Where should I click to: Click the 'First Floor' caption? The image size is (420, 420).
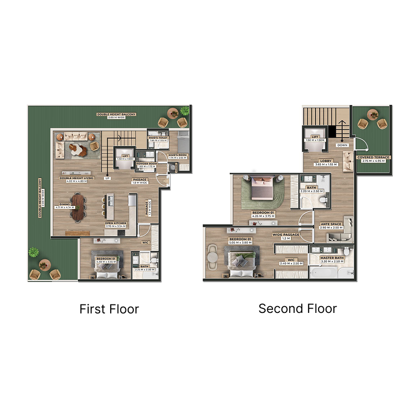[x=109, y=309]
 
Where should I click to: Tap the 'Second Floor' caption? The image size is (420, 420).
[x=297, y=308]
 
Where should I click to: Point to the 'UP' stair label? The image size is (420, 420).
[x=108, y=177]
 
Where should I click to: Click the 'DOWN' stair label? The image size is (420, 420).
[x=342, y=145]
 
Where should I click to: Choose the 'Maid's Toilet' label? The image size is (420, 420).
[x=158, y=138]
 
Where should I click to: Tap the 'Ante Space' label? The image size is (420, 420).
[x=331, y=225]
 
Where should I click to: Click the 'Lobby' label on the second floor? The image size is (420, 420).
[x=325, y=162]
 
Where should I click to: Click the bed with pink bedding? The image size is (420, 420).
[x=261, y=187]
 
